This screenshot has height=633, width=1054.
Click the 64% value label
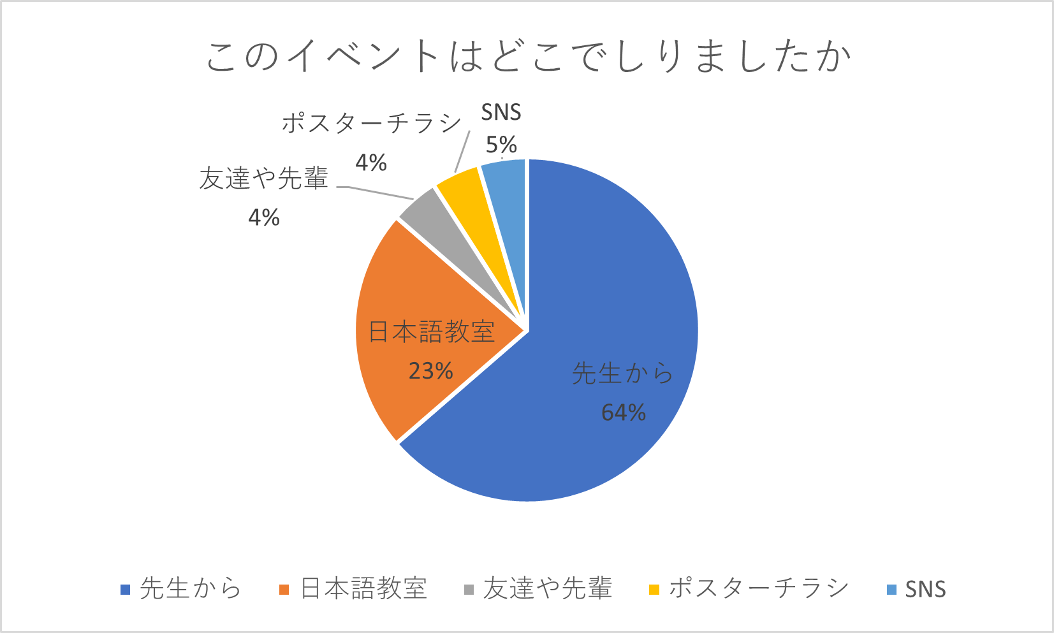(x=624, y=412)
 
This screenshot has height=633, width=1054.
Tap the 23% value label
(x=431, y=370)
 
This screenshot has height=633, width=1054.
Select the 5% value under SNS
(x=501, y=145)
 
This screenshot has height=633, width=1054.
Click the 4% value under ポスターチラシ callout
(x=371, y=163)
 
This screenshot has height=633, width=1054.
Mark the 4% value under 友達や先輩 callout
(x=264, y=217)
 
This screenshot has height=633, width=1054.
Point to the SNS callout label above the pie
(x=501, y=112)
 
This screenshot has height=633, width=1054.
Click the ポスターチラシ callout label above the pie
(x=371, y=122)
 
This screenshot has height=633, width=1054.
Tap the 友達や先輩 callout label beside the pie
(x=264, y=178)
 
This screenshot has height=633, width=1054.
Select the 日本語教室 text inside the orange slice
(x=432, y=331)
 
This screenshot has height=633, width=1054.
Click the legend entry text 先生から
(x=191, y=588)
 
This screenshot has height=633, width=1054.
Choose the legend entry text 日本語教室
(x=363, y=588)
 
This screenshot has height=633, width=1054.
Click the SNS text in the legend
(x=925, y=589)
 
